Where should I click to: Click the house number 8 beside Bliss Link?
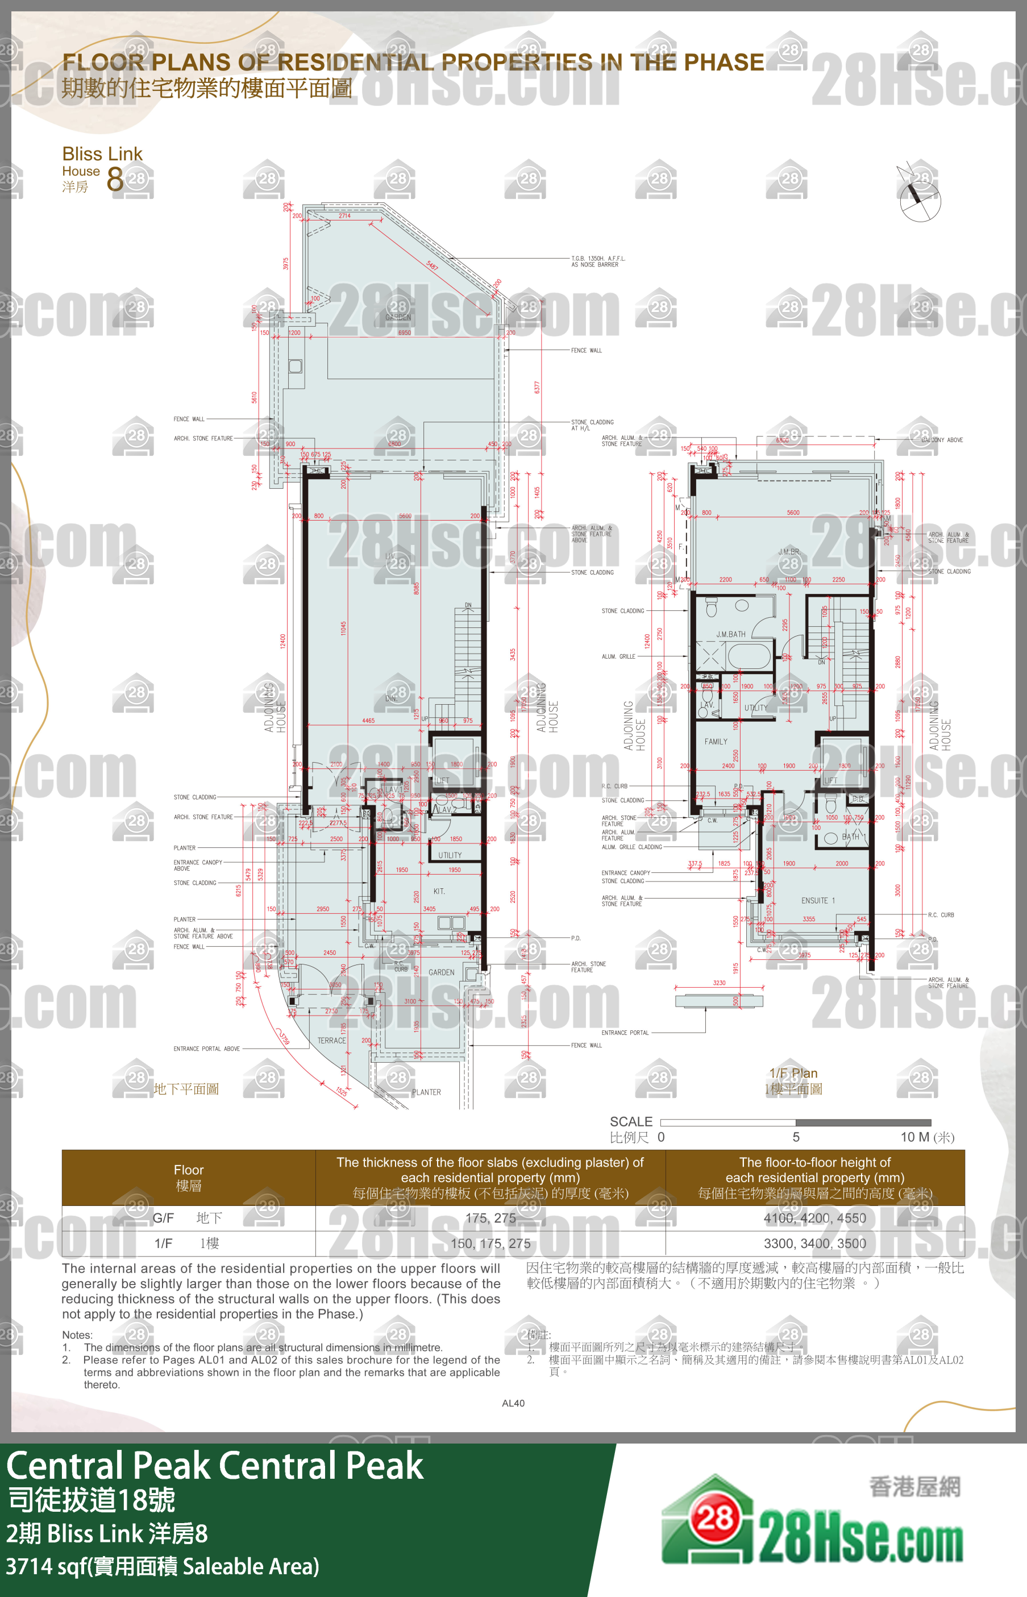click(115, 178)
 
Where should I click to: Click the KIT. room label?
click(439, 891)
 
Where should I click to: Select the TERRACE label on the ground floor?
click(331, 1040)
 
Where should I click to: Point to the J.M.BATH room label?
click(731, 634)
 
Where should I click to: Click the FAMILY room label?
click(716, 741)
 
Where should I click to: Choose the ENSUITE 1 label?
click(818, 900)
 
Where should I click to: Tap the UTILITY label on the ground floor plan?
click(450, 855)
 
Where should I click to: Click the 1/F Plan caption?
click(793, 1073)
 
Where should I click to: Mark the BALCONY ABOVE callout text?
click(942, 440)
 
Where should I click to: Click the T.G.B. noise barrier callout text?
click(598, 261)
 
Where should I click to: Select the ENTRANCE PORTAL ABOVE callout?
click(207, 1049)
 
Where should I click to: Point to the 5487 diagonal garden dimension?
click(432, 266)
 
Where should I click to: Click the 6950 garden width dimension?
click(404, 332)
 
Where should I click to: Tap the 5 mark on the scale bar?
click(796, 1137)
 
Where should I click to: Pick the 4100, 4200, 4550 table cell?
click(814, 1218)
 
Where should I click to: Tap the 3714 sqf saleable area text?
click(163, 1566)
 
